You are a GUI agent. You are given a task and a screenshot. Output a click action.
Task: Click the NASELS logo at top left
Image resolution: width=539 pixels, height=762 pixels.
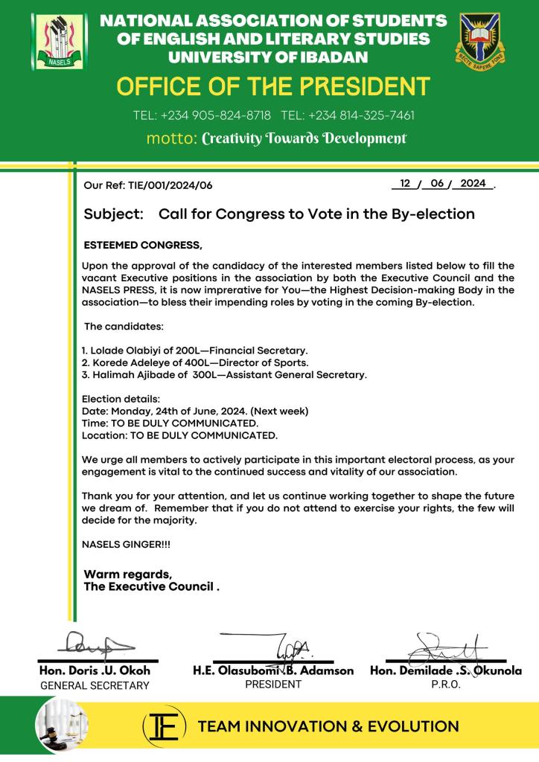click(x=54, y=39)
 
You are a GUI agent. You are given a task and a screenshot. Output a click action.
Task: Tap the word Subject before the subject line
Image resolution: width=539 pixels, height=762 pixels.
click(x=113, y=214)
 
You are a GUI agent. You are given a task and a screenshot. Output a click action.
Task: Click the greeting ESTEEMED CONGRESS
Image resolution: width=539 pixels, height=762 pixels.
click(x=143, y=245)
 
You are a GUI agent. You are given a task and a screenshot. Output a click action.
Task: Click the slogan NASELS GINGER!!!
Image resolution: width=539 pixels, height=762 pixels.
click(x=126, y=545)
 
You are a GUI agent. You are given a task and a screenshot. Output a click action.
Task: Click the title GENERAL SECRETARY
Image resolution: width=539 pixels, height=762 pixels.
click(x=95, y=685)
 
